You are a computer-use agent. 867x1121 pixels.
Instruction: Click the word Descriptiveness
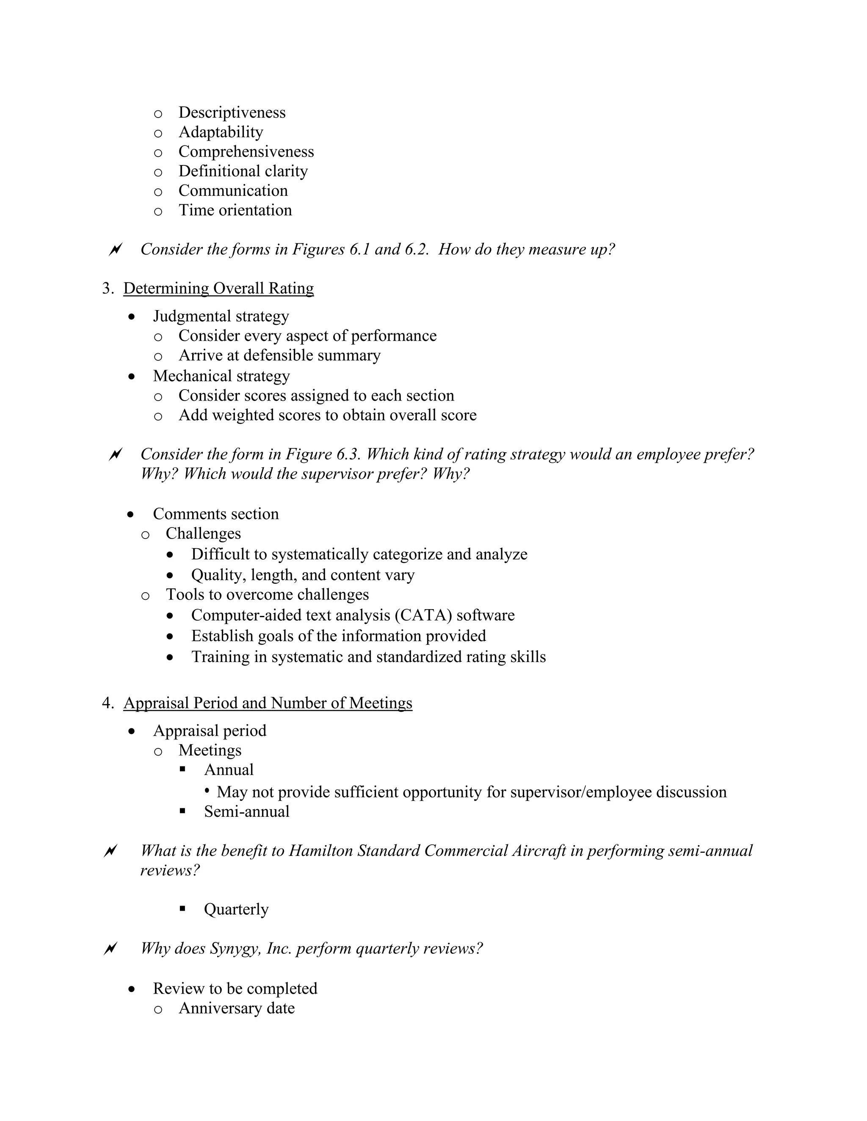232,113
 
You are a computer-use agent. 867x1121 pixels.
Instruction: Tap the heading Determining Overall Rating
218,288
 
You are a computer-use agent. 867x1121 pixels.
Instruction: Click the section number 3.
107,288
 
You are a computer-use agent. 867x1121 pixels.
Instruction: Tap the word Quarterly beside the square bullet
236,909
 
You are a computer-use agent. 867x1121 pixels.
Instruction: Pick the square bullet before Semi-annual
182,811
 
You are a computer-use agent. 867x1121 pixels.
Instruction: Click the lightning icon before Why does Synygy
110,948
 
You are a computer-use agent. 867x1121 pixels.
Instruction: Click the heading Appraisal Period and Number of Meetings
268,703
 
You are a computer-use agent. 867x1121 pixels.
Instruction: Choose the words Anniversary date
236,1008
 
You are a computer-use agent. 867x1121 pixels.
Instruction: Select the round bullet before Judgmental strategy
133,317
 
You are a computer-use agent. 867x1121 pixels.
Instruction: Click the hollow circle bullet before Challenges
145,534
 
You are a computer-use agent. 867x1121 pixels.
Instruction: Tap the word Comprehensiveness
246,151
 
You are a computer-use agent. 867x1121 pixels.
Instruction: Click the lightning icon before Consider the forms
115,250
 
